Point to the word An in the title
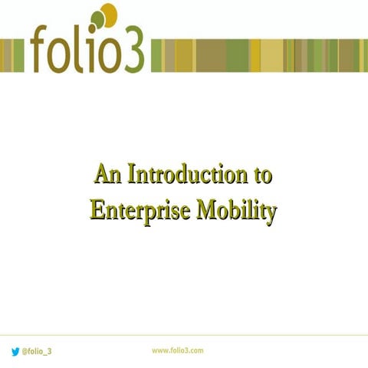[108, 175]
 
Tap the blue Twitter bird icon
[15, 350]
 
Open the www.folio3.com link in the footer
[177, 350]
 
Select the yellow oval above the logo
[109, 14]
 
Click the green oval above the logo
[97, 20]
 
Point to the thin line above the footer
[184, 335]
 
